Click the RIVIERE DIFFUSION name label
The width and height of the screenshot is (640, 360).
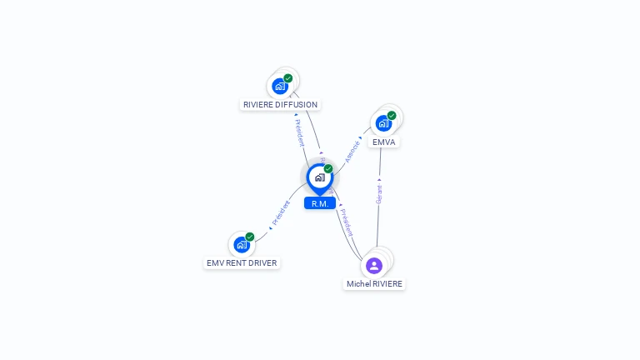point(280,105)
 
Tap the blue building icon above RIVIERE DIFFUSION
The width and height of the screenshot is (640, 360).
point(280,86)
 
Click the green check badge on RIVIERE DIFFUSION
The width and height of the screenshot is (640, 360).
point(288,78)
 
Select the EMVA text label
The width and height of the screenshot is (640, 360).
point(383,142)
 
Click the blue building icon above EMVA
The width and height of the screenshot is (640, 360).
point(383,123)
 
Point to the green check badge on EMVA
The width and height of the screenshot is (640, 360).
point(392,116)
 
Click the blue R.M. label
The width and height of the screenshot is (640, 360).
point(319,203)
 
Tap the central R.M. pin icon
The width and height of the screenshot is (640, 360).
point(319,177)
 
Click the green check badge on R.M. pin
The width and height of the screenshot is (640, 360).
point(328,169)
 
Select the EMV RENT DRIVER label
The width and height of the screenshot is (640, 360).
point(242,263)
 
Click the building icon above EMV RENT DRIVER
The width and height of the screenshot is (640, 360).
point(241,244)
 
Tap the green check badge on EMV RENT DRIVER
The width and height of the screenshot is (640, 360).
point(250,237)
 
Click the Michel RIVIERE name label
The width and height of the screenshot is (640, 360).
point(374,284)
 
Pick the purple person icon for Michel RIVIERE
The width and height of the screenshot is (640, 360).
point(374,266)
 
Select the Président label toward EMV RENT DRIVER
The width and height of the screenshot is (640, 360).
point(281,213)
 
